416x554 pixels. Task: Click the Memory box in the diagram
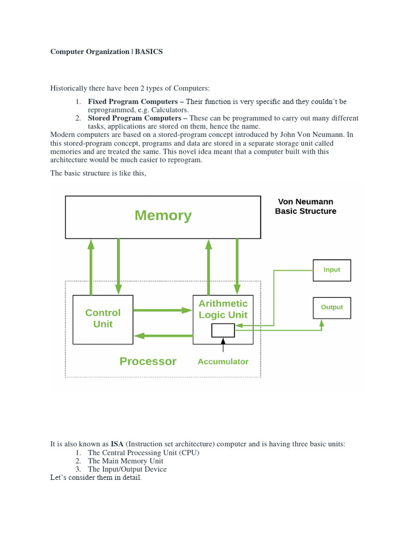162,217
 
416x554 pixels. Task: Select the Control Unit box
103,319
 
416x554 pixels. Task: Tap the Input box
331,270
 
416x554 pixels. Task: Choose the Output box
331,307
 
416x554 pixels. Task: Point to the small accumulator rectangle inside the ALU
223,330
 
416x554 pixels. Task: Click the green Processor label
148,361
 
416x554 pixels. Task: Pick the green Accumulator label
223,361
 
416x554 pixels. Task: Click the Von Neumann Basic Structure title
305,206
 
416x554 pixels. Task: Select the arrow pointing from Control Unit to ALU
162,311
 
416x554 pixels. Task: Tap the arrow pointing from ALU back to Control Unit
162,336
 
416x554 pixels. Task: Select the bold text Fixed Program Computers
133,102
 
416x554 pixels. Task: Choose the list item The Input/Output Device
127,469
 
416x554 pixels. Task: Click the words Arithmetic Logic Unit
223,309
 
